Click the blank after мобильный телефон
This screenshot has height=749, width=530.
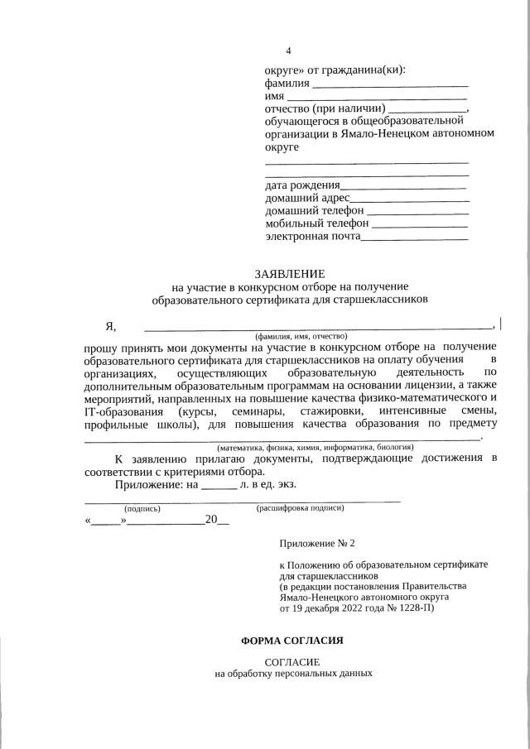(x=421, y=225)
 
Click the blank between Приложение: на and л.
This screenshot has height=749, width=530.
(x=219, y=485)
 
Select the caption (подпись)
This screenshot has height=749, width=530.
(x=142, y=508)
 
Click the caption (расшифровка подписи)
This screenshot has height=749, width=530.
(x=301, y=507)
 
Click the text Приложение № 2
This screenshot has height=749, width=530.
(x=317, y=544)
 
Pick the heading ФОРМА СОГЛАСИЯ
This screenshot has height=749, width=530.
(x=291, y=641)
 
